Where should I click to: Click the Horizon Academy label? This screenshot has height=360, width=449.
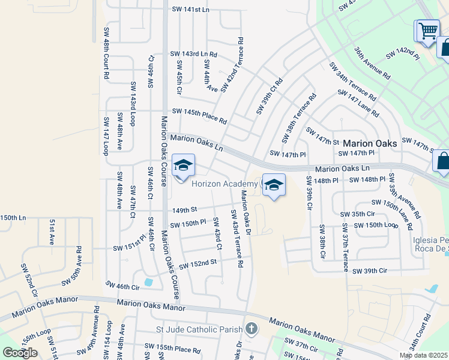[224, 184]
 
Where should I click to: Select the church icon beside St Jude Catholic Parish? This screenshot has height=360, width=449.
[252, 329]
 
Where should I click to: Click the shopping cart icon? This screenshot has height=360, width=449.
[427, 30]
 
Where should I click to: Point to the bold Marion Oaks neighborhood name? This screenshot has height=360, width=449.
[370, 144]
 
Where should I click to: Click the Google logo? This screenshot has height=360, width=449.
[20, 353]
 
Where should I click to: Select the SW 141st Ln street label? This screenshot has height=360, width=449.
[190, 10]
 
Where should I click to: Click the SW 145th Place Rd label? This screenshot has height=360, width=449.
[199, 116]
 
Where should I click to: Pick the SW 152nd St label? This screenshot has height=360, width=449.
[196, 263]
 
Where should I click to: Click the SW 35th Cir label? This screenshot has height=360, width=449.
[357, 214]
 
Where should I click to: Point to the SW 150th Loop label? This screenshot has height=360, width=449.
[376, 225]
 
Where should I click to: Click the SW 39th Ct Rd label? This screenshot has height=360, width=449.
[270, 96]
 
